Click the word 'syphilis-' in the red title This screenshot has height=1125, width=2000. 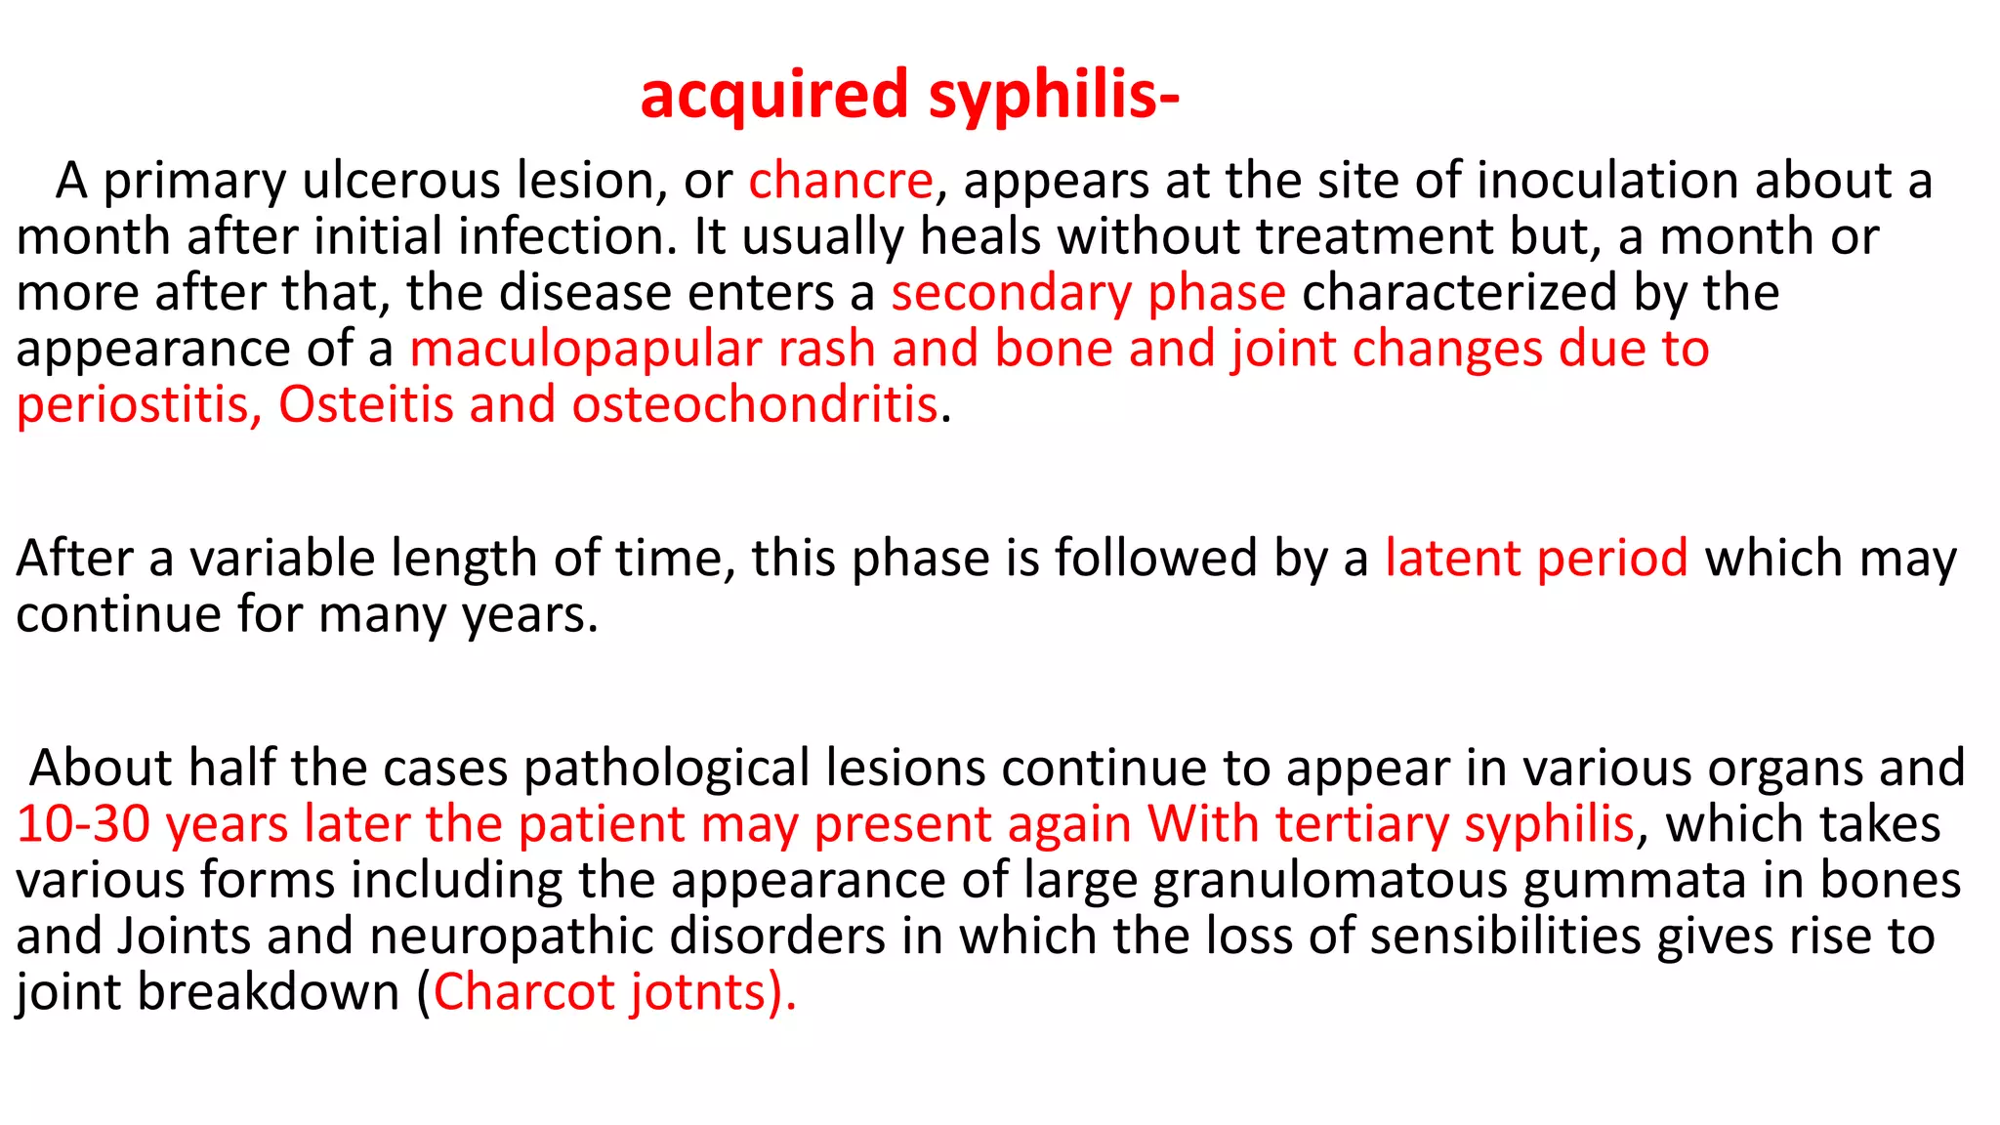[x=1054, y=96]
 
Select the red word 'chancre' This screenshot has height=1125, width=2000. [x=841, y=181]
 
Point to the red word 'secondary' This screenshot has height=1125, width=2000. [x=1010, y=293]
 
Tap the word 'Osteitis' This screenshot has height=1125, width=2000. [x=365, y=405]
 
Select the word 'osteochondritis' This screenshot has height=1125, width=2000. [x=754, y=405]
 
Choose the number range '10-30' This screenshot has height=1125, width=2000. [x=82, y=824]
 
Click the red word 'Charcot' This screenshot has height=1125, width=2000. [x=523, y=992]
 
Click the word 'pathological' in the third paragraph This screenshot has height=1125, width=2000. [x=666, y=769]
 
